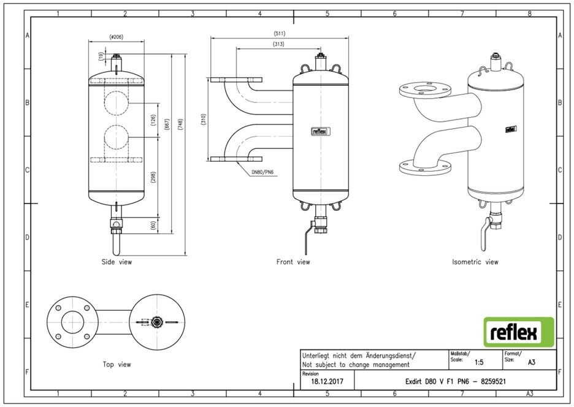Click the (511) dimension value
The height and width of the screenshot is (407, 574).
pos(280,33)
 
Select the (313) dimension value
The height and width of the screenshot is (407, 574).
pos(280,44)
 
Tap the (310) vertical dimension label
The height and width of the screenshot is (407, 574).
pos(203,120)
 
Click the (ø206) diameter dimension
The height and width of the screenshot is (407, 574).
pos(116,37)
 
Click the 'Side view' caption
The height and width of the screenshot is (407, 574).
pos(117,262)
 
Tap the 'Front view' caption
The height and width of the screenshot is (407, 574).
pos(293,262)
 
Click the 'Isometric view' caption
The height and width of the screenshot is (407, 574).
pos(475,262)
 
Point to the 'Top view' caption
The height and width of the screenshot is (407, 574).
pos(117,364)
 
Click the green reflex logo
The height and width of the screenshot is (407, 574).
pos(519,332)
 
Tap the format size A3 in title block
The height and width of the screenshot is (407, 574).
pos(531,362)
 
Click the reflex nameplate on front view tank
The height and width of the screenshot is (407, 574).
pos(319,131)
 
